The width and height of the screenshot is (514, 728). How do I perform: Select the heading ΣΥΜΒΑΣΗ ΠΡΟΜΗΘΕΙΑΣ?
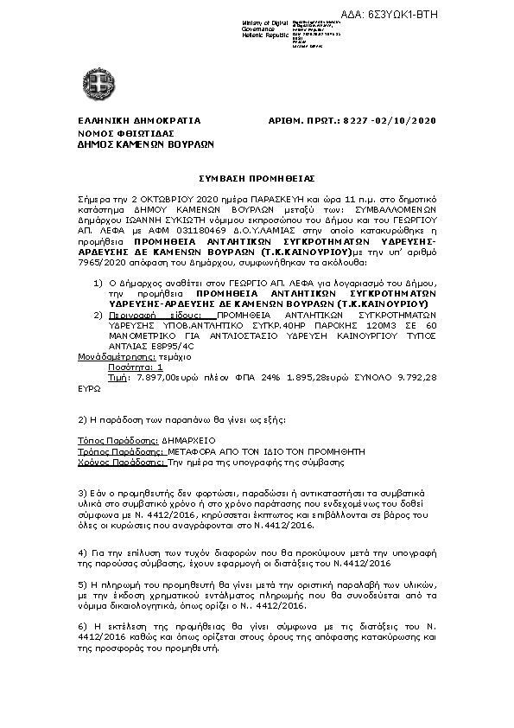coord(257,176)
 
